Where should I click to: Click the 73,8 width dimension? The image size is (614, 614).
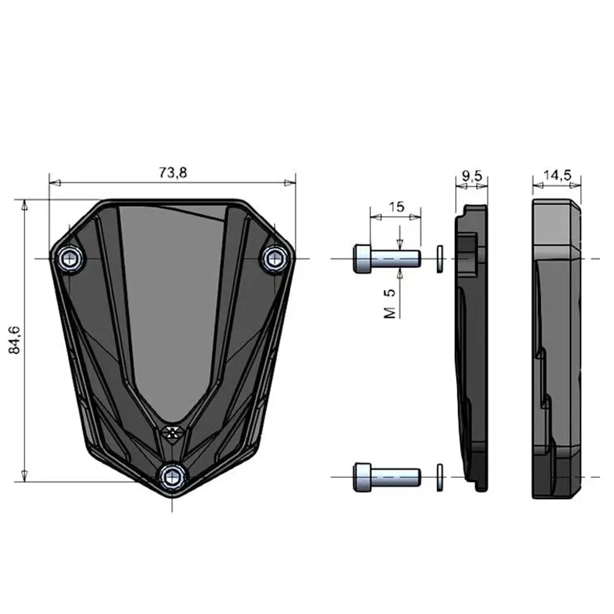coord(173,173)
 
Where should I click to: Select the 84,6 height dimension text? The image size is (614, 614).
coord(15,340)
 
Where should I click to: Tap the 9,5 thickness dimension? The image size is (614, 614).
coord(472,176)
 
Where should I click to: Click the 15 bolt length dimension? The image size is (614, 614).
coord(396,207)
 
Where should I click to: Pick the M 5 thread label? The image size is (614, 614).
coord(390,304)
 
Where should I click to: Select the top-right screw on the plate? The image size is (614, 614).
coord(274,258)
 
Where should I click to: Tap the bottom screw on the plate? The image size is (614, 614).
coord(173,476)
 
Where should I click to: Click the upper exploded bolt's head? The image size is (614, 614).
coord(362,258)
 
